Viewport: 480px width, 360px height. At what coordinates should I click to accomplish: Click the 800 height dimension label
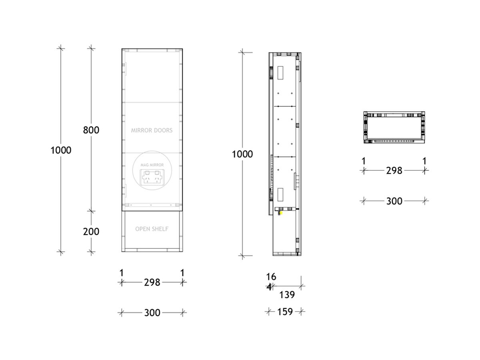point(91,130)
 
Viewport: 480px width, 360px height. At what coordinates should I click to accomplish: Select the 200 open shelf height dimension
point(91,232)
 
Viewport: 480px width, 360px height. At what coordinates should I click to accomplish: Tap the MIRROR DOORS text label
point(152,130)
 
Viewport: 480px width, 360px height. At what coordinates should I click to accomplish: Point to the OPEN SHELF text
point(152,229)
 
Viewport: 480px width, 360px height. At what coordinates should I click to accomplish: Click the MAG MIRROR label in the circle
point(152,165)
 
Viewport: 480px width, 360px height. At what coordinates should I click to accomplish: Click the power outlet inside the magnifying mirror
point(152,177)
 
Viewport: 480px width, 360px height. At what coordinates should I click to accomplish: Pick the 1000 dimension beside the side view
point(242,154)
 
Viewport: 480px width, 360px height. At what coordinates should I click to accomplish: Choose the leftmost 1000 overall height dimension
point(61,150)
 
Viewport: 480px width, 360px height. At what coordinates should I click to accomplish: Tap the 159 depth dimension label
point(285,312)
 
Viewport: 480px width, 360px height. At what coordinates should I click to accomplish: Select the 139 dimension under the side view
point(287,295)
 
